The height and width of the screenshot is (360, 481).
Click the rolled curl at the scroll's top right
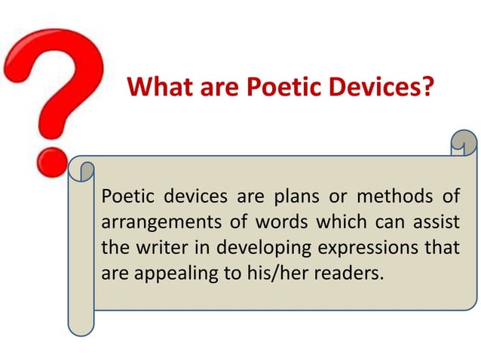[463, 142]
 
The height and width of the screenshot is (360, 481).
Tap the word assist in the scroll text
[436, 223]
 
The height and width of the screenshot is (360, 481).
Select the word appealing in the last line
[179, 271]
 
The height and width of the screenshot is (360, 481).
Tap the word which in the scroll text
[322, 223]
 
